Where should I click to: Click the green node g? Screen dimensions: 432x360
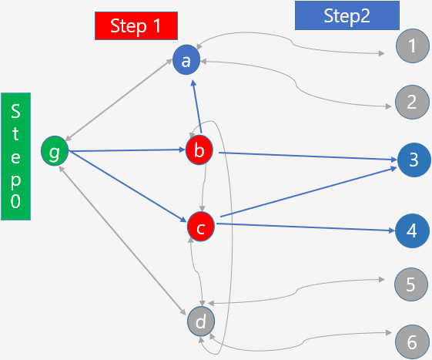click(x=55, y=151)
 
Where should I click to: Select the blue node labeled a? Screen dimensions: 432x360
click(x=186, y=60)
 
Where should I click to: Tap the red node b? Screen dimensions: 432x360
click(x=199, y=150)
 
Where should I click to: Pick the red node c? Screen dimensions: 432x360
click(x=201, y=227)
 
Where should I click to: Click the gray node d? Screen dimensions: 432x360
click(x=201, y=321)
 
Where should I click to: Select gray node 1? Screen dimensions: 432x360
click(x=413, y=45)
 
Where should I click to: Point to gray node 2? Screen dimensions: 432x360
click(x=412, y=102)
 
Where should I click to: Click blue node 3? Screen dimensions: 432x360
click(x=414, y=160)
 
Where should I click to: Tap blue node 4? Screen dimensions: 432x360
click(x=412, y=230)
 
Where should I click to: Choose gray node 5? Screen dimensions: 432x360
click(x=411, y=284)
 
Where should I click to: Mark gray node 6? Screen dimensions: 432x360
click(x=412, y=342)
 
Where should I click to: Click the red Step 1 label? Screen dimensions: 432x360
click(x=136, y=26)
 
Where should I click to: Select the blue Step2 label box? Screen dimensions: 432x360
click(x=347, y=15)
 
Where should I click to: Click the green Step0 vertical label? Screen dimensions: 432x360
click(x=15, y=156)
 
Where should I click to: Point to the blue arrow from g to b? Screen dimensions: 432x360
click(x=126, y=150)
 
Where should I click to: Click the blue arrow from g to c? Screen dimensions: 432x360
click(x=127, y=187)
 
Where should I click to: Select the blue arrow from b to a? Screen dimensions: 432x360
click(x=197, y=106)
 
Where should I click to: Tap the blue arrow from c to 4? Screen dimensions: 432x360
click(x=306, y=227)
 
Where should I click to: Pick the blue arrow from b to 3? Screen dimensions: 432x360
click(x=308, y=156)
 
